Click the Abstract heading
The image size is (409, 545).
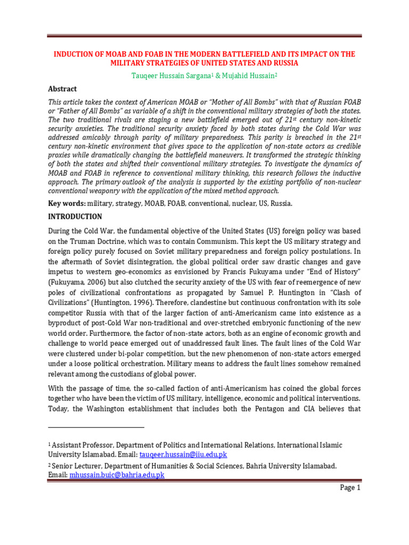click(62, 89)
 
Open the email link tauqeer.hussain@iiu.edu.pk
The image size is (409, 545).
click(183, 454)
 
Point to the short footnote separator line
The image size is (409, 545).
click(96, 427)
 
